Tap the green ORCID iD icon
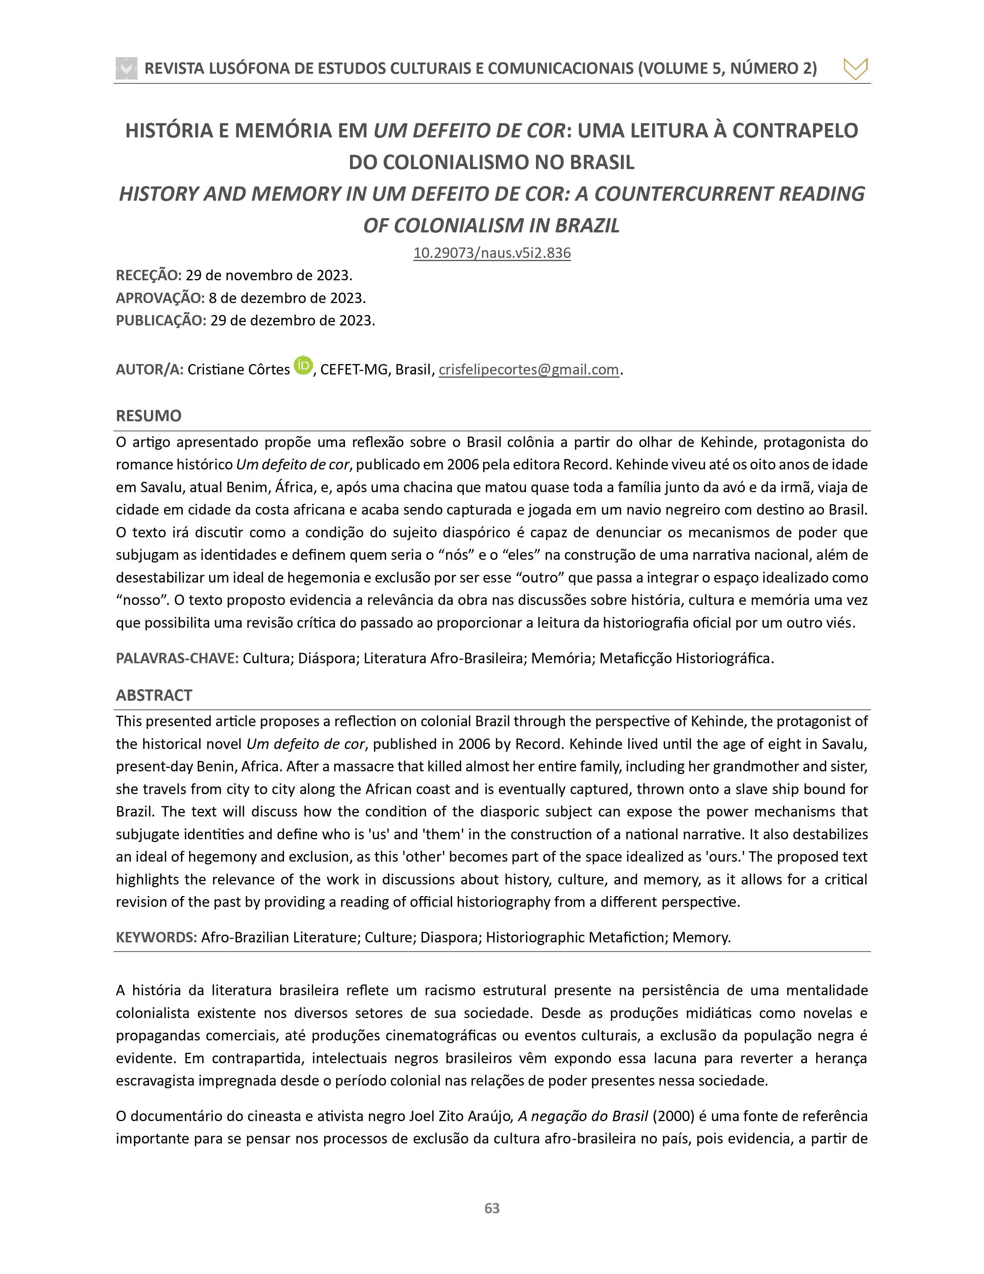tap(303, 365)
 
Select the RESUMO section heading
tap(149, 415)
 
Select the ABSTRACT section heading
tap(154, 695)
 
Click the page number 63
tap(492, 1208)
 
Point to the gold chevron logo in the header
tap(855, 69)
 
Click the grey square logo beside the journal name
tap(127, 68)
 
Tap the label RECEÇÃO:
tap(149, 275)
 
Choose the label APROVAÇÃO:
tap(160, 298)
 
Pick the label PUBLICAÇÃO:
tap(161, 320)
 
